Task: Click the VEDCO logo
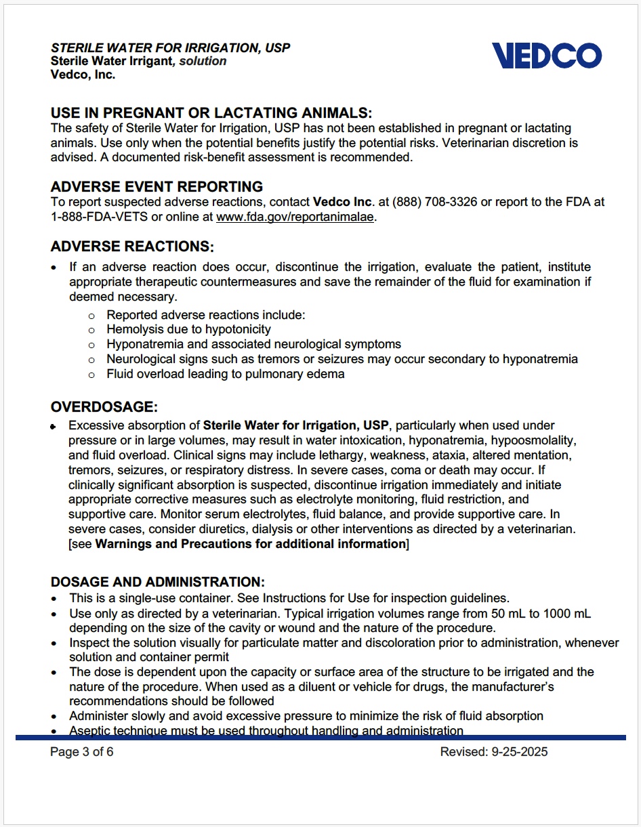546,56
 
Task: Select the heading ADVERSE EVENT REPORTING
157,187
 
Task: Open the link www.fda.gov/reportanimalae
295,217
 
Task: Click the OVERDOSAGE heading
104,407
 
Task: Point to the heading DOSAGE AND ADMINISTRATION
157,582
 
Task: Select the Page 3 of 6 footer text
82,752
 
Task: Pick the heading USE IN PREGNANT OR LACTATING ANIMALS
211,113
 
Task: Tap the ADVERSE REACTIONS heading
132,246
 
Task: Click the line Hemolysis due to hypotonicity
188,329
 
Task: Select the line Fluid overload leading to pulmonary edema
225,374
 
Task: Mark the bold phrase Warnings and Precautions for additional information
250,545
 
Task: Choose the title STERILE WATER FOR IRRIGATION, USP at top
170,48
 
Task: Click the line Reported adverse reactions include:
206,315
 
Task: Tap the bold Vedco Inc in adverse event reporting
342,202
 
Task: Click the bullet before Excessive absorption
54,427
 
